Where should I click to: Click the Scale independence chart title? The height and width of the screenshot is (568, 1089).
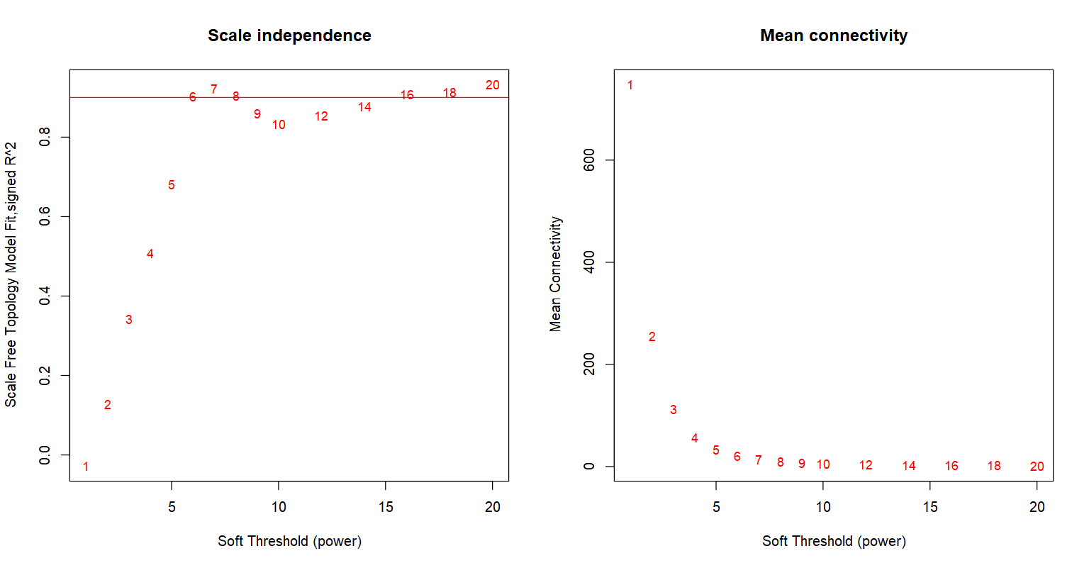coord(289,35)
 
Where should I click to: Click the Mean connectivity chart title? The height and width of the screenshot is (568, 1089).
coord(834,35)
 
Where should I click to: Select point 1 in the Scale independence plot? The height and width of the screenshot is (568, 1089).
coord(86,467)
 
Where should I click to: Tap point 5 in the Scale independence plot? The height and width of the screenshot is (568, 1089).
coord(172,185)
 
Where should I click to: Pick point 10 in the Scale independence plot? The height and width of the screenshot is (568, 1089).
coord(279,125)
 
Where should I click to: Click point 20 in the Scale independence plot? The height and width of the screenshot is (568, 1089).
coord(492,85)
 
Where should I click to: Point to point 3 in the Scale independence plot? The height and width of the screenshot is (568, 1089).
coord(129,320)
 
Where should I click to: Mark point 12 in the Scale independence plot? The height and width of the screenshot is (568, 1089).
coord(321,116)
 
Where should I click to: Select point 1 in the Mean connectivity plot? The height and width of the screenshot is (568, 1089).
coord(630,85)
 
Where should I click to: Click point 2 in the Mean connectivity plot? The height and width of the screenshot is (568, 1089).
coord(652,337)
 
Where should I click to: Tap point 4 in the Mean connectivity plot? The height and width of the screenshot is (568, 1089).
coord(695,438)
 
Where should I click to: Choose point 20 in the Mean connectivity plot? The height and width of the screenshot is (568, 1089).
coord(1037,467)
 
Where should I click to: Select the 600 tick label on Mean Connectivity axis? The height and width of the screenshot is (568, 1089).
coord(589,160)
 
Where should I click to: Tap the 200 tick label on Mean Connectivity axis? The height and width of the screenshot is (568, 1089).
coord(589,364)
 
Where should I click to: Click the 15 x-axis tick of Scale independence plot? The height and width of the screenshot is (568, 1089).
coord(385,507)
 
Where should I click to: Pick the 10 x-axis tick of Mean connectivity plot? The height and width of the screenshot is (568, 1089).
coord(823,507)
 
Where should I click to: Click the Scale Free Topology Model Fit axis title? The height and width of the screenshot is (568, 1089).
coord(11,274)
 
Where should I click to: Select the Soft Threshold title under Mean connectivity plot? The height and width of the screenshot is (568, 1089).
coord(834,541)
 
